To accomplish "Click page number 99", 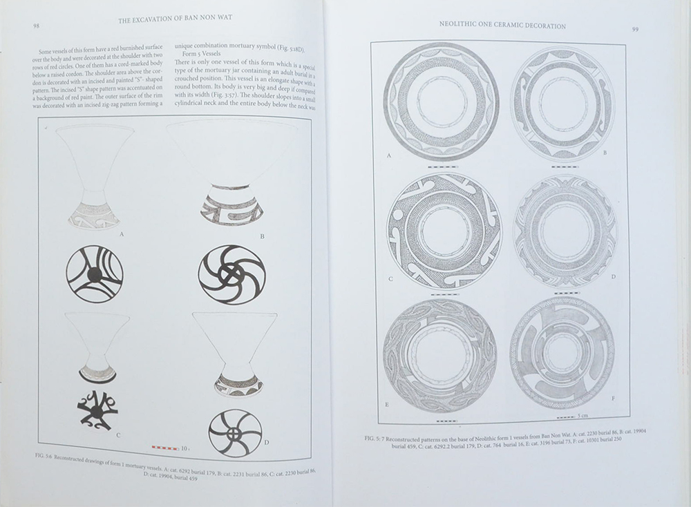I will (x=635, y=30).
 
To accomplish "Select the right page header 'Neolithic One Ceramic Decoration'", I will (x=502, y=26).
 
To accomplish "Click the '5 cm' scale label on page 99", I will (x=585, y=416).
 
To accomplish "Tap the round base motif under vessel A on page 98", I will (x=95, y=274).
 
